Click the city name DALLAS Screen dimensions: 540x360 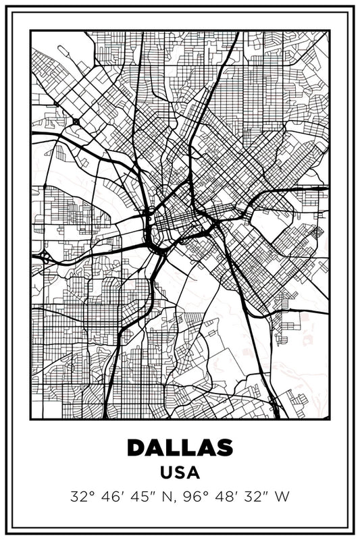[x=180, y=447]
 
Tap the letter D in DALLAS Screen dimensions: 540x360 [x=136, y=447]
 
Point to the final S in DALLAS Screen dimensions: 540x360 [x=224, y=447]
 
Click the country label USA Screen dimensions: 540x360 [x=180, y=473]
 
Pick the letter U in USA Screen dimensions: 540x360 [x=166, y=473]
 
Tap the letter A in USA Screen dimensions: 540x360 [x=194, y=473]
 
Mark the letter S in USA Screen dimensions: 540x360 [x=180, y=473]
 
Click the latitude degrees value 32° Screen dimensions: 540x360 [x=82, y=497]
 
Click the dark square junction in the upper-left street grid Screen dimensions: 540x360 [x=76, y=122]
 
